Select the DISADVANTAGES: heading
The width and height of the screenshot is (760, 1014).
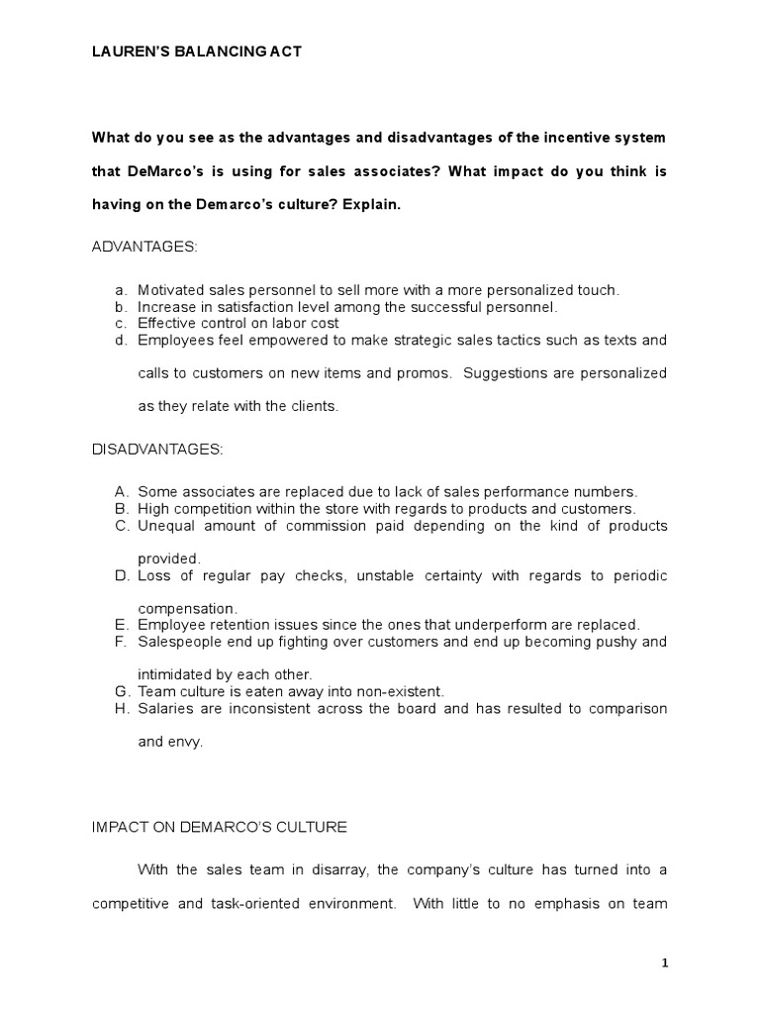[x=157, y=450]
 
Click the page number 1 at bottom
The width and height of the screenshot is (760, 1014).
[x=665, y=962]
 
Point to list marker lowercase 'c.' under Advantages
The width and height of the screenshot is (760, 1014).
[x=121, y=323]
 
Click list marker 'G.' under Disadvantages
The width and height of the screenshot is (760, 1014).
[x=122, y=691]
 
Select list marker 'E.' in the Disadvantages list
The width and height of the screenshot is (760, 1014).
[x=122, y=625]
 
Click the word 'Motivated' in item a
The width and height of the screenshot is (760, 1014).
[x=169, y=290]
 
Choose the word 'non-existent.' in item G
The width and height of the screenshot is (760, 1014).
[x=404, y=691]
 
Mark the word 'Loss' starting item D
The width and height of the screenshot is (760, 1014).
[x=153, y=575]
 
